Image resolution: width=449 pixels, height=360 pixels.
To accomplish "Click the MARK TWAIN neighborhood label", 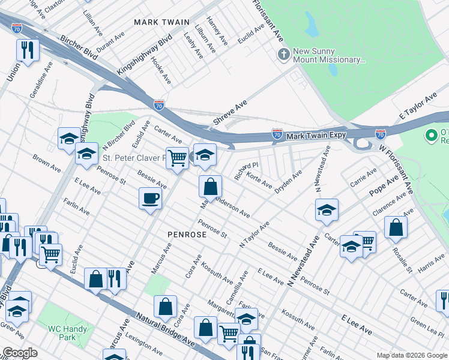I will coord(157,22).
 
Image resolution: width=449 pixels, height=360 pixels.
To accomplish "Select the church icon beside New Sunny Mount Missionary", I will coord(283,55).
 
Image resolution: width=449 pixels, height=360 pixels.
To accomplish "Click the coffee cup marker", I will coord(150,197).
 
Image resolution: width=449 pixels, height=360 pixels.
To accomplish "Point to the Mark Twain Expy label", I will coord(316,135).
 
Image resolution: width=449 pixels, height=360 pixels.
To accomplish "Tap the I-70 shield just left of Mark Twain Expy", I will coord(277,133).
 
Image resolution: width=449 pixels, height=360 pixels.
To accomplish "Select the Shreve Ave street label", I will coord(230,113).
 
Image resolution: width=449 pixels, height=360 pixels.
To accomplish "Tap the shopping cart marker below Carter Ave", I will coord(177,158).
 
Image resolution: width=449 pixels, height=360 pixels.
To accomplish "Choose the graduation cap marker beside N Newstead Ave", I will coord(327,210).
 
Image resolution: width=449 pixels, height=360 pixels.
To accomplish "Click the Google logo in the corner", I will coord(20,353).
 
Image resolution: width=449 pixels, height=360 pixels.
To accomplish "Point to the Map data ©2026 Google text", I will coord(411,355).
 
